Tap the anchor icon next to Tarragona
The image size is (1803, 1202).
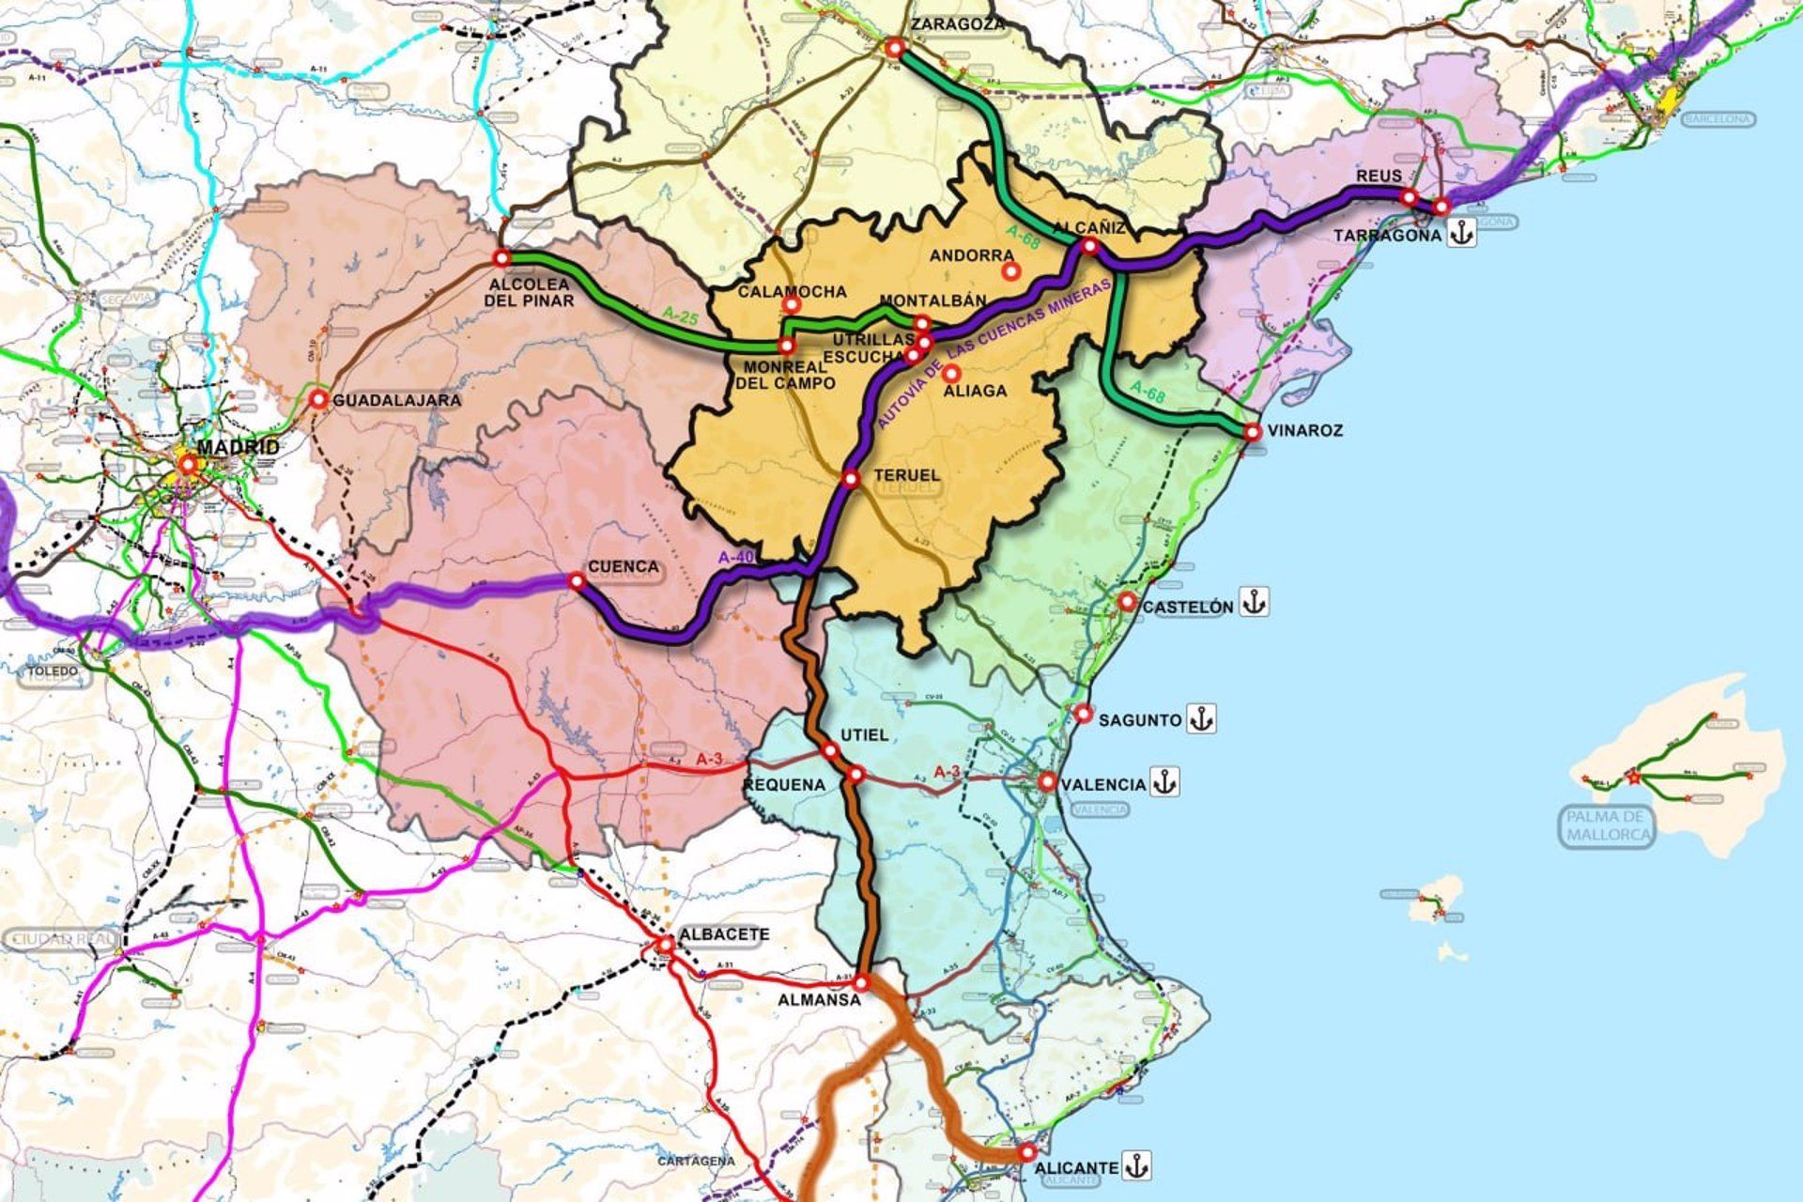1460,233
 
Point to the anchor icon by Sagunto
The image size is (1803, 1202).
1200,719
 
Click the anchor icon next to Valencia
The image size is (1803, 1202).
1164,782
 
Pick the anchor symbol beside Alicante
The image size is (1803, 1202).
1136,1166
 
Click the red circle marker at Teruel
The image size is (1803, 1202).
851,480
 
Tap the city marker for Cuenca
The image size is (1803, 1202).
577,582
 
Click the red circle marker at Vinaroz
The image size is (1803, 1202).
1252,432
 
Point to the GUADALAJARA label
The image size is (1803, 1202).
398,401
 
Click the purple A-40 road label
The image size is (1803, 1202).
736,557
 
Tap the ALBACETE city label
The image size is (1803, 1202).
724,935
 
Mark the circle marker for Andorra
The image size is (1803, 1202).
1011,271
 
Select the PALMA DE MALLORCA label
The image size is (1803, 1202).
1610,825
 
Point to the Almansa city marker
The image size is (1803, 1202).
862,983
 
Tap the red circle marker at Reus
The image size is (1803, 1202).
1409,197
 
